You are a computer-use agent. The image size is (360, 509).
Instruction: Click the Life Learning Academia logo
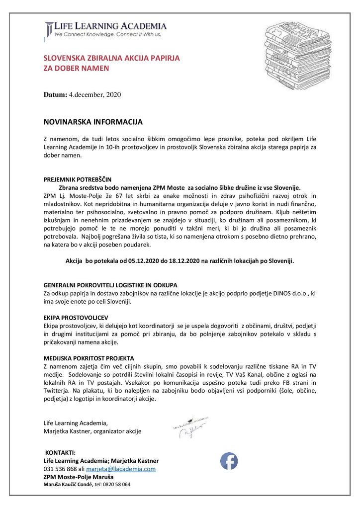[105, 29]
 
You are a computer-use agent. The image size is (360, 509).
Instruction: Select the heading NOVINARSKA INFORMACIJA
[93, 121]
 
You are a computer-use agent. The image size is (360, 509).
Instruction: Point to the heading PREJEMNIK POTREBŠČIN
[78, 179]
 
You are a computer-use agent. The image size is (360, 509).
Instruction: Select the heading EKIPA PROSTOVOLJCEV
[76, 317]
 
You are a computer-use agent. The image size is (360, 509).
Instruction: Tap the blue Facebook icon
[229, 461]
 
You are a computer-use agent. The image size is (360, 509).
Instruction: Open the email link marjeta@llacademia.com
[121, 469]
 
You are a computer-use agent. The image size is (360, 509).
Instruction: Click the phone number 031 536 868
[60, 469]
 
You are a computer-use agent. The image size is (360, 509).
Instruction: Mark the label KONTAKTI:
[61, 453]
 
